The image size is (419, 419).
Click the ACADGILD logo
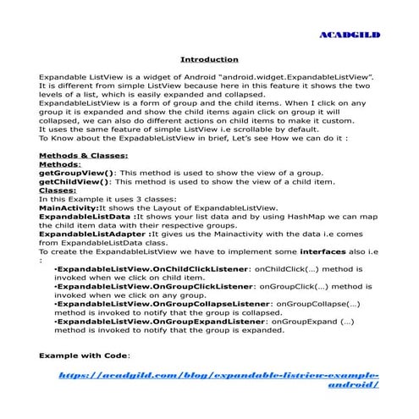349,36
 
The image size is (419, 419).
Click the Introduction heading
209,59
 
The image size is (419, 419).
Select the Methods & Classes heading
84,156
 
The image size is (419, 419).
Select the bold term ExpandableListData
83,217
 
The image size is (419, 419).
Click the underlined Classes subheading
57,190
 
